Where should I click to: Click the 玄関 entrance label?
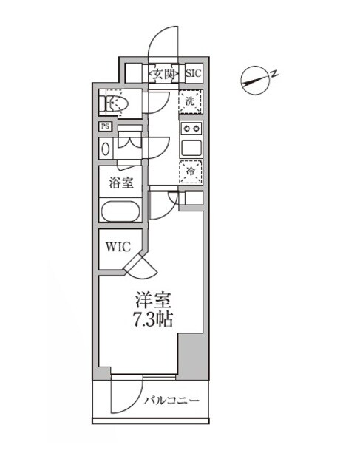(164, 73)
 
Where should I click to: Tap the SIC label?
(193, 73)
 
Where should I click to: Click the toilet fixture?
(115, 104)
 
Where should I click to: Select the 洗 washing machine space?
(191, 102)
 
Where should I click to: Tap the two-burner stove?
(191, 128)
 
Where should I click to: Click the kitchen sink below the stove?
(191, 147)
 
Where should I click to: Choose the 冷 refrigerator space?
(191, 171)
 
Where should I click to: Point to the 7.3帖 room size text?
(153, 321)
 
